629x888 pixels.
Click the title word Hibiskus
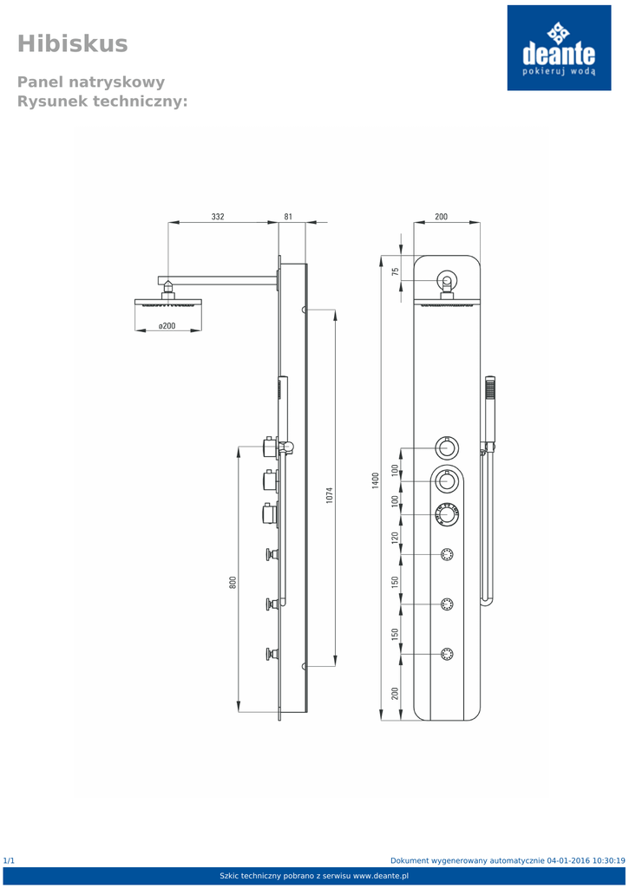point(72,43)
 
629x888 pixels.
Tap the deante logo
point(559,48)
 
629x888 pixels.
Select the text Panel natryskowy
point(91,82)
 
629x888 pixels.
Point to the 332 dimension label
point(218,217)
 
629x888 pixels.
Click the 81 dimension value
point(288,217)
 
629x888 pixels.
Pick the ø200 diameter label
point(167,326)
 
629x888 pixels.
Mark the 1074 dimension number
point(330,494)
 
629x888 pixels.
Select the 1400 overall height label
point(376,480)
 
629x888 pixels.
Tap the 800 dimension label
point(233,583)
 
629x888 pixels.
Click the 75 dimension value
point(396,271)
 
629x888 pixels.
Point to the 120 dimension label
point(396,538)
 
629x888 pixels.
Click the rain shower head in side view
point(168,303)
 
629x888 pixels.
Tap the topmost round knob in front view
point(447,448)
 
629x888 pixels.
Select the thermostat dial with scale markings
point(447,515)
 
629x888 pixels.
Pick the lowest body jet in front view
point(448,654)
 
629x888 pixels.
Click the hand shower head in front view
point(490,395)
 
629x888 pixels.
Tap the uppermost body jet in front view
point(448,555)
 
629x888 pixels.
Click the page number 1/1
point(9,860)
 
